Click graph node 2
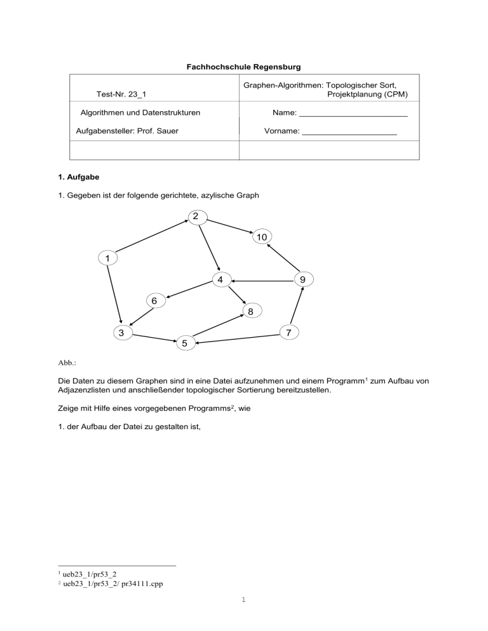(x=196, y=216)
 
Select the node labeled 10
(x=261, y=237)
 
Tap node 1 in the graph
(x=108, y=258)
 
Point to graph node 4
(x=219, y=280)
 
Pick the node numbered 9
(x=303, y=279)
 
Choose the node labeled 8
(x=251, y=312)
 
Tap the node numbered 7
(x=288, y=332)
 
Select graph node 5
(x=184, y=343)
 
